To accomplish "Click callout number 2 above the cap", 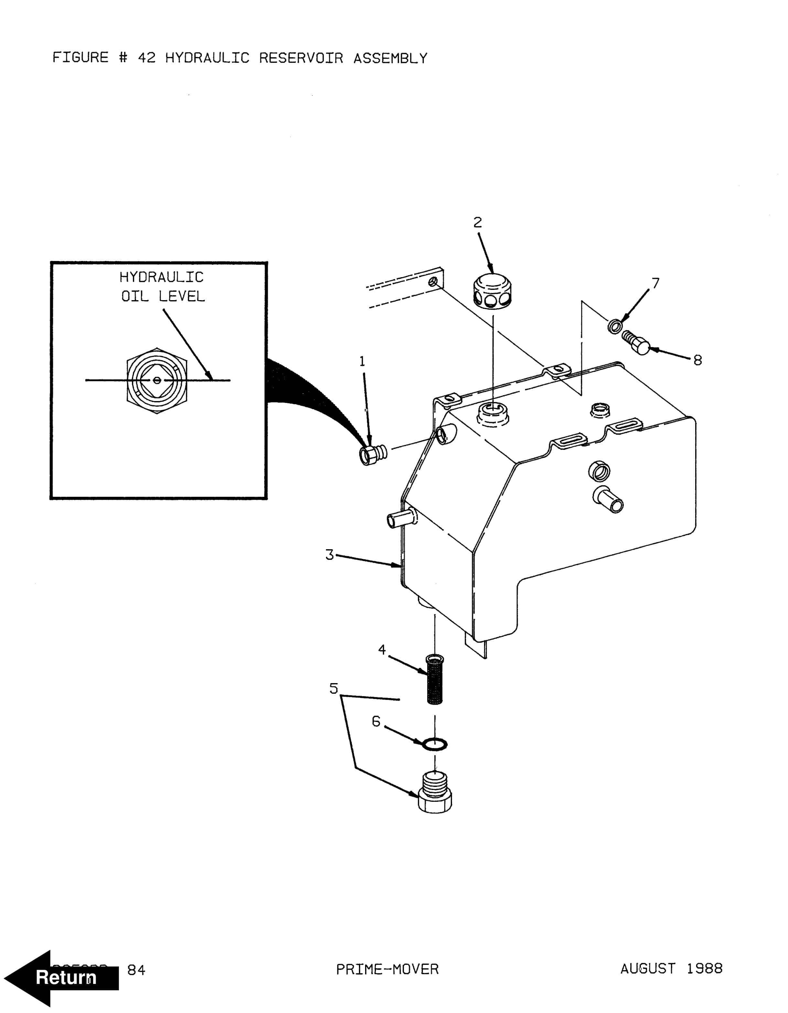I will point(477,223).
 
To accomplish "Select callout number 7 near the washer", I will point(655,283).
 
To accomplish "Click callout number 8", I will point(697,360).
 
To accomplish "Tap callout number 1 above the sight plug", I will point(362,361).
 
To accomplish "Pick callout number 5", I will point(333,688).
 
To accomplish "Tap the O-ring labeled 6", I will point(435,745).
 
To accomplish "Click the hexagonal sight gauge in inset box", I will point(157,380).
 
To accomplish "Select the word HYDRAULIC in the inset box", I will point(161,278).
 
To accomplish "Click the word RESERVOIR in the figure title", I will point(301,58).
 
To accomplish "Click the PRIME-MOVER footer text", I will point(387,969).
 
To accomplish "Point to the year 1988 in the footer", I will point(705,968).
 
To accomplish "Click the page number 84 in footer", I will point(136,970).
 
